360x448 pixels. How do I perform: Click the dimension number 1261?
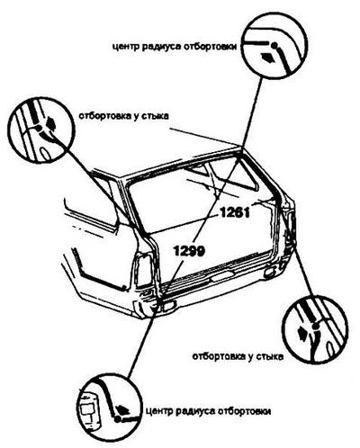tap(235, 213)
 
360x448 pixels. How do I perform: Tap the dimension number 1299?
tap(189, 251)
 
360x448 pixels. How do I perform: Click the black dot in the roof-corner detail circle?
tap(274, 46)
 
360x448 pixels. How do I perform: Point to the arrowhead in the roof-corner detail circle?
tap(267, 57)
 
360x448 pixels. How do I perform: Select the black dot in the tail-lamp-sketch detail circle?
tap(118, 418)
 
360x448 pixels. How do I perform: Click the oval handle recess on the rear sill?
tap(222, 277)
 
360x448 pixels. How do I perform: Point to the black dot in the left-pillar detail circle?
tap(39, 129)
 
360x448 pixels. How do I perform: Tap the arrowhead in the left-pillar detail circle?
tap(50, 123)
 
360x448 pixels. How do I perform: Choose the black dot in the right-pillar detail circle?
tap(314, 326)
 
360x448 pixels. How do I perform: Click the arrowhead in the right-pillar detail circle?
tap(303, 333)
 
